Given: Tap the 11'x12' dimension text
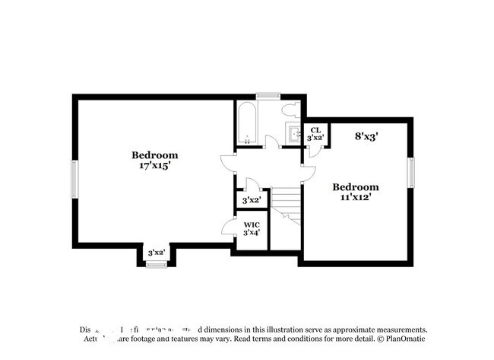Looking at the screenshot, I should point(355,196).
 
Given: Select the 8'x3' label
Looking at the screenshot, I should point(366,137).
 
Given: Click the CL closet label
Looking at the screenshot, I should point(315,129).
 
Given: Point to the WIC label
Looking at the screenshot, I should point(252,225).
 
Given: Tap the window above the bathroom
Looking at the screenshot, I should point(268,96).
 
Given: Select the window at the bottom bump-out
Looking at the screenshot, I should point(156,264).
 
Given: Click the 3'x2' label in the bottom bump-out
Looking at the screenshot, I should point(156,253).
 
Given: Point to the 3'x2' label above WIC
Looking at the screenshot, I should point(252,200).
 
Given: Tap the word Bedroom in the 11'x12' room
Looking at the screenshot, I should point(355,186).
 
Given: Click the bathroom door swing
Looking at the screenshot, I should point(271,141).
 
